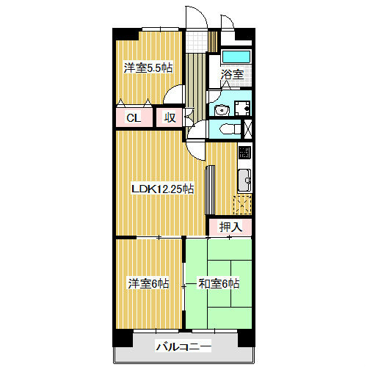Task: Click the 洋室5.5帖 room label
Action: click(148, 68)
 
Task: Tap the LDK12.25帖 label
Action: click(163, 189)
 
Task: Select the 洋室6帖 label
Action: click(148, 283)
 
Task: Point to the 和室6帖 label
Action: click(219, 283)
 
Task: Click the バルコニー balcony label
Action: click(183, 346)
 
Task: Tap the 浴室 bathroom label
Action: click(232, 74)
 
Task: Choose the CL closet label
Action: click(134, 118)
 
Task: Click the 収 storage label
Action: click(170, 118)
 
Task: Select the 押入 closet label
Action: click(230, 227)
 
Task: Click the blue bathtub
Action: click(236, 57)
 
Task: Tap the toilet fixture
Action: click(230, 128)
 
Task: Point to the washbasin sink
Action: click(222, 110)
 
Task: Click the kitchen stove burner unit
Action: click(244, 152)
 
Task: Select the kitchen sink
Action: click(244, 181)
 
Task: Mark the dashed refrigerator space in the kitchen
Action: click(242, 205)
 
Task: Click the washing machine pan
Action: click(242, 108)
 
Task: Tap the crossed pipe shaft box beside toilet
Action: click(248, 128)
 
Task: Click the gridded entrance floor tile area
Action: click(197, 42)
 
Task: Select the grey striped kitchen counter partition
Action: click(210, 190)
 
